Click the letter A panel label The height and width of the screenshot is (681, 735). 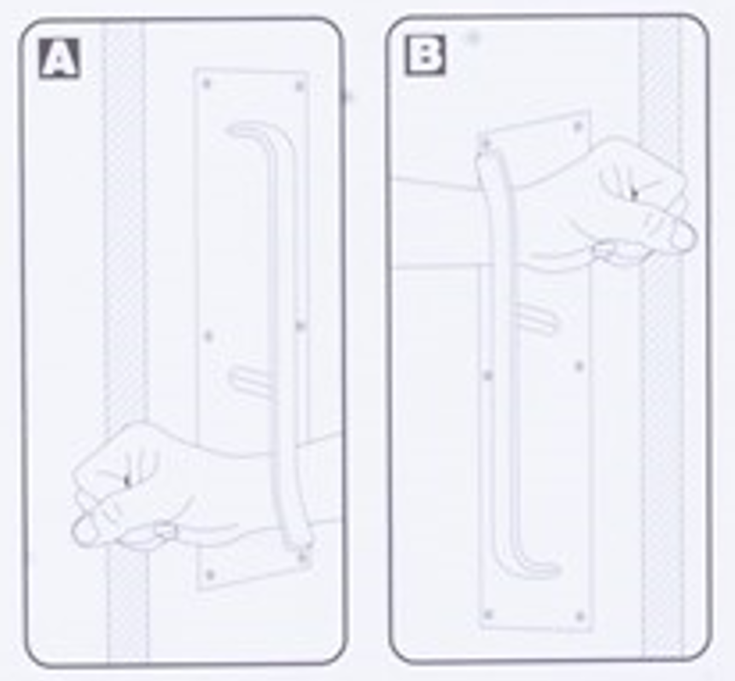tap(59, 58)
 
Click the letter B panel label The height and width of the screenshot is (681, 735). tap(425, 55)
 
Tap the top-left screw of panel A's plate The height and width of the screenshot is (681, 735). tap(207, 84)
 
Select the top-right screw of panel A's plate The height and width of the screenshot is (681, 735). tap(299, 86)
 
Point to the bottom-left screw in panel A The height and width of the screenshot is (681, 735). tap(210, 574)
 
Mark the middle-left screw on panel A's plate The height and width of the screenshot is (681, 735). tap(208, 336)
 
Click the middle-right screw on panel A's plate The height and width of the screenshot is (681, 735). tap(300, 325)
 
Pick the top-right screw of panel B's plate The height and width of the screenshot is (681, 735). tap(578, 126)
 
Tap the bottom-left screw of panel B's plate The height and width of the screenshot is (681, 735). tap(488, 614)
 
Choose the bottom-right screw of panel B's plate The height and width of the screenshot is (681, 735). tap(580, 616)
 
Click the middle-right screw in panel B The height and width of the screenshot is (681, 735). tap(580, 366)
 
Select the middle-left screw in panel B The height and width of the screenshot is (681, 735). tap(488, 375)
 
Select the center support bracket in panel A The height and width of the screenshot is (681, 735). tap(248, 379)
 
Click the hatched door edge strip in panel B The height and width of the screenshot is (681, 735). tap(660, 337)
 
